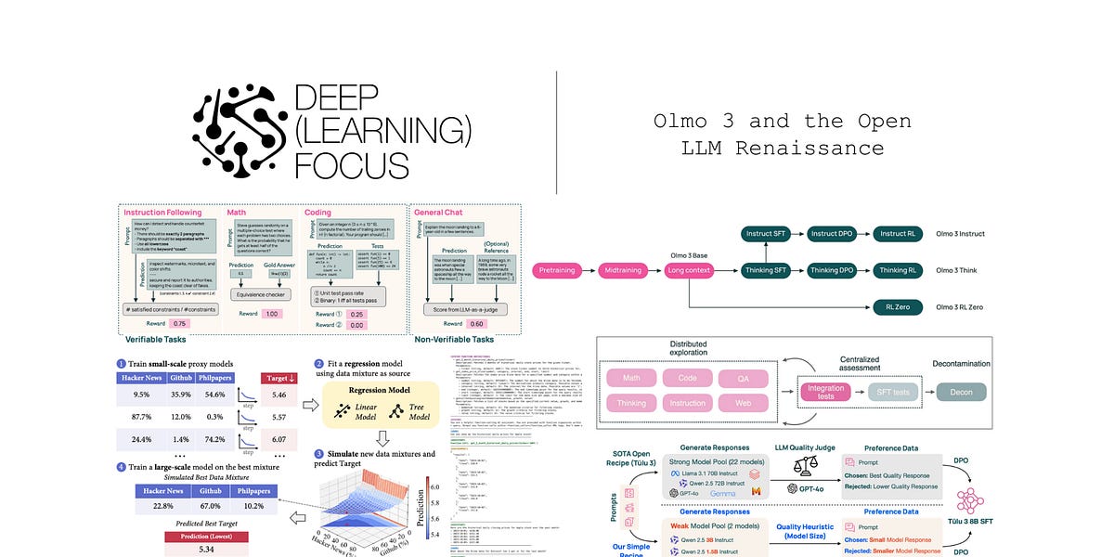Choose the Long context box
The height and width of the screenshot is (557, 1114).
point(691,270)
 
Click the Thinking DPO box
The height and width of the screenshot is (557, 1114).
point(832,270)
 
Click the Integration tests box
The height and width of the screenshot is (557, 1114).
point(825,394)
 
